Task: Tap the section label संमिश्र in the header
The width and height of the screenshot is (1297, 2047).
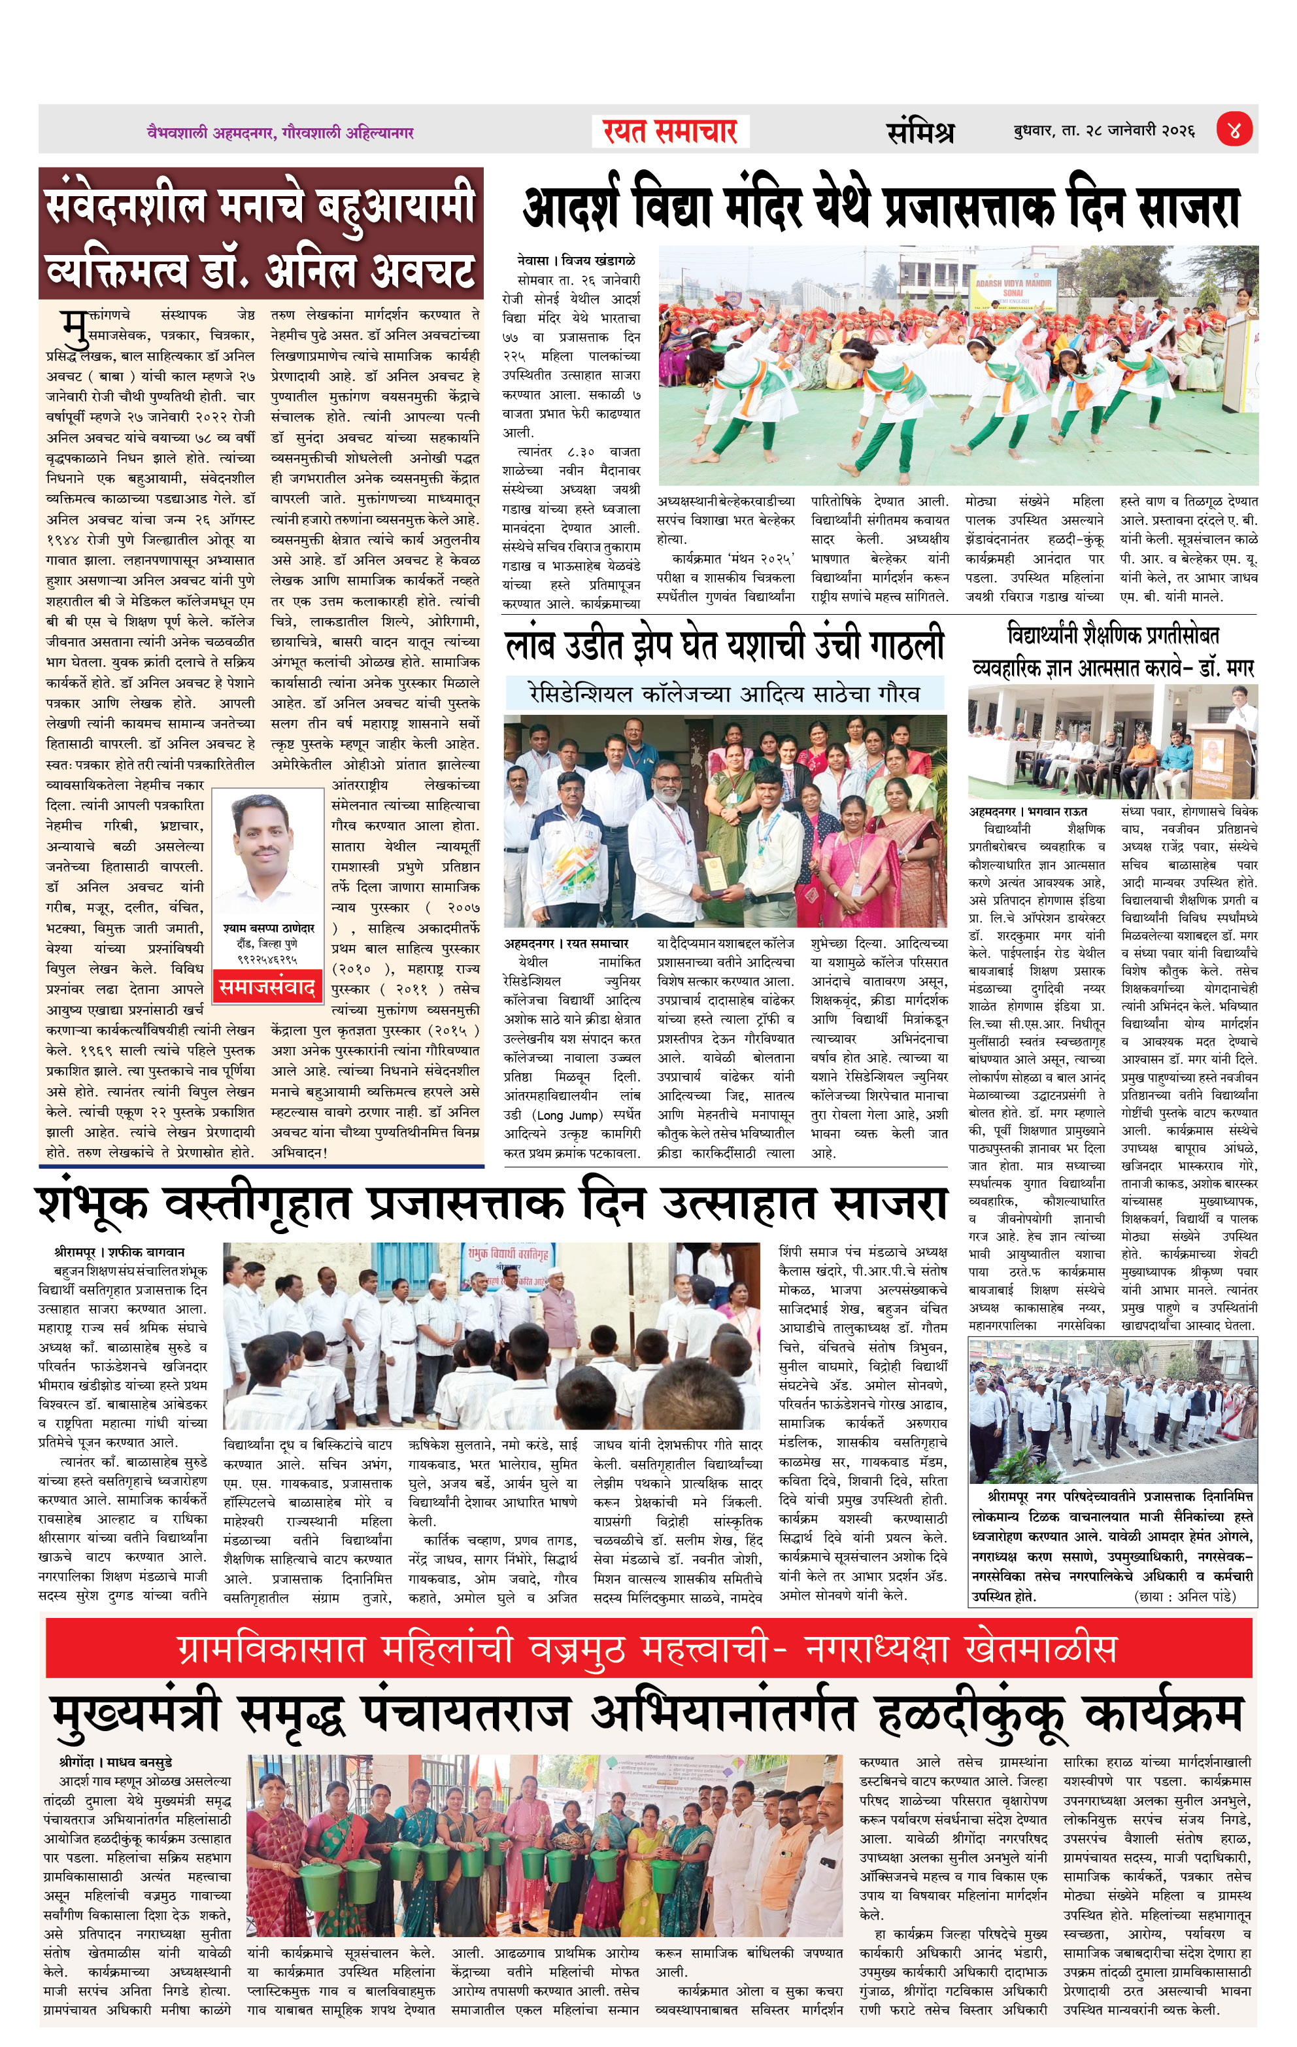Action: [x=920, y=131]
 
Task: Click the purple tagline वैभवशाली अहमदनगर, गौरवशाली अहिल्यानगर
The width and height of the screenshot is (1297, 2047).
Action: [x=280, y=133]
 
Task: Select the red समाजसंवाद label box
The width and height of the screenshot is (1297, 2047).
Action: [x=267, y=987]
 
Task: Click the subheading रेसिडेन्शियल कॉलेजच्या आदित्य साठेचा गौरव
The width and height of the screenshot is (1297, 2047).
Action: [x=724, y=694]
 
